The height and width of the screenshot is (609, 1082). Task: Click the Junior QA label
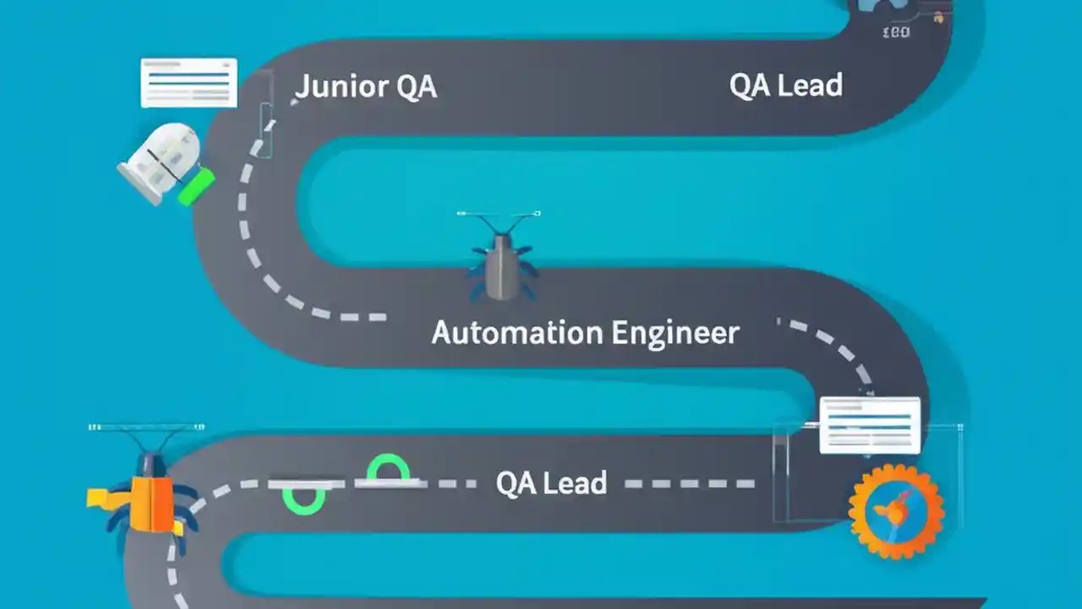[x=365, y=86]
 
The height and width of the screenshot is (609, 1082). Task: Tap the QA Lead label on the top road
[x=785, y=85]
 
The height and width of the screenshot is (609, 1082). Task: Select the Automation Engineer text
[x=585, y=332]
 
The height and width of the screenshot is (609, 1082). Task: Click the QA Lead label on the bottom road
[x=551, y=483]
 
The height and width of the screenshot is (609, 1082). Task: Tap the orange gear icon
[x=896, y=512]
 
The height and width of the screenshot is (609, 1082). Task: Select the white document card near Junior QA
[x=189, y=83]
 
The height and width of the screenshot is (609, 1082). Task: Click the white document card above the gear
[x=870, y=425]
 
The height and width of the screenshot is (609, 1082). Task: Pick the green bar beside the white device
[x=196, y=186]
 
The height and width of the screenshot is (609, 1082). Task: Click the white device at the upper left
[x=161, y=161]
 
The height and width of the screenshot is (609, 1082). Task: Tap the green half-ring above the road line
[x=388, y=467]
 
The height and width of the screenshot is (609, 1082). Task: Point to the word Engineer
[x=675, y=332]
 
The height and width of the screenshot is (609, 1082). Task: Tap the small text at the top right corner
[x=895, y=32]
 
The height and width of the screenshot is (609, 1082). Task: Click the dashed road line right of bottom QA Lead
[x=689, y=484]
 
